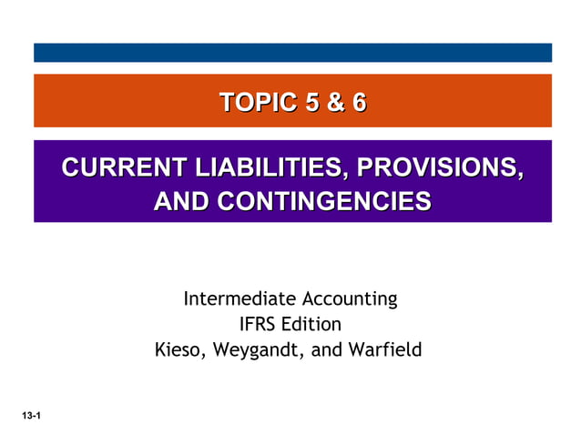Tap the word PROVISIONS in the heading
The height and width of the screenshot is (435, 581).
click(438, 168)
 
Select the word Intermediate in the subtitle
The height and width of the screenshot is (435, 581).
click(237, 298)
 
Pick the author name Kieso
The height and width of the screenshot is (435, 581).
click(180, 349)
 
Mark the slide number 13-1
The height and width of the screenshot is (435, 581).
click(33, 416)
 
